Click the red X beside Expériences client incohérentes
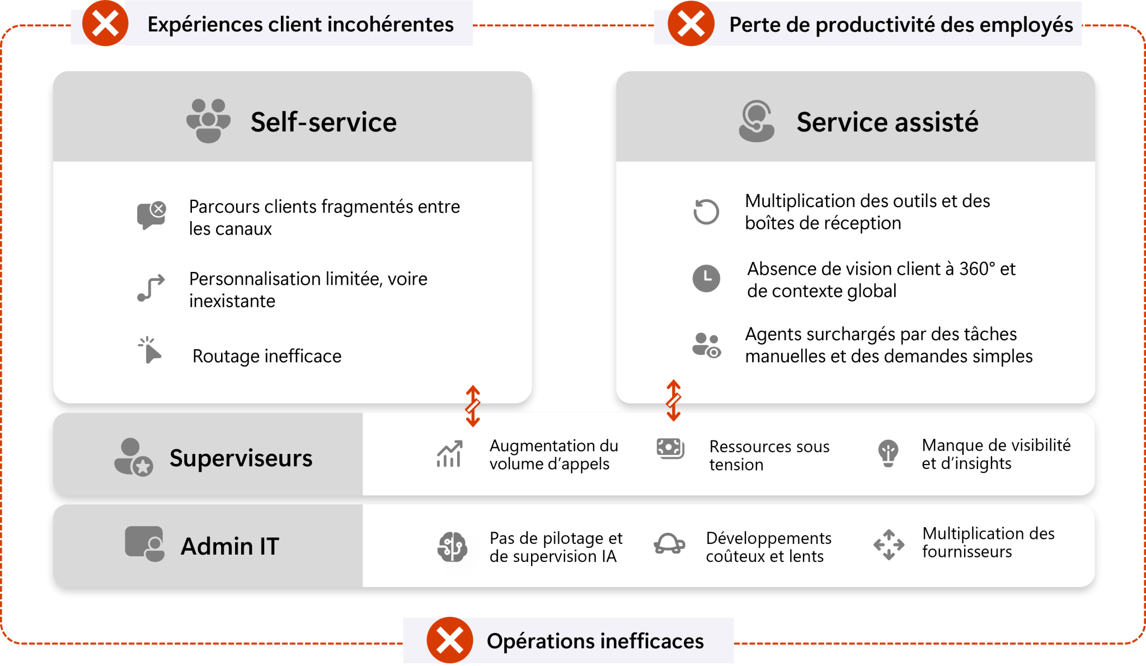pos(105,24)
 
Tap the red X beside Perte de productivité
pos(691,24)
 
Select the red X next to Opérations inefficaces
pos(449,640)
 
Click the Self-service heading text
pos(323,122)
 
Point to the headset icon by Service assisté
pos(756,121)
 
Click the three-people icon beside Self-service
pos(208,121)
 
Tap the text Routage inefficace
pos(266,356)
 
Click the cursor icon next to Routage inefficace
pos(149,350)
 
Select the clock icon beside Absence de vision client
pos(706,278)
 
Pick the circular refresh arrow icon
pos(706,212)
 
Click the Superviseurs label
pos(241,458)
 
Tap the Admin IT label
pos(229,546)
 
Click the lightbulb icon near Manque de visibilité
pos(888,453)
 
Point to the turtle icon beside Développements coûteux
pos(669,543)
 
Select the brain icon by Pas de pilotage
pos(452,546)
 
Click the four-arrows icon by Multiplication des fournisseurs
pos(889,544)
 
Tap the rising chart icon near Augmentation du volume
pos(449,454)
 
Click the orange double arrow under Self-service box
pos(473,406)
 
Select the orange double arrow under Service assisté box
pos(673,400)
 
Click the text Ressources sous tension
pos(769,455)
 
